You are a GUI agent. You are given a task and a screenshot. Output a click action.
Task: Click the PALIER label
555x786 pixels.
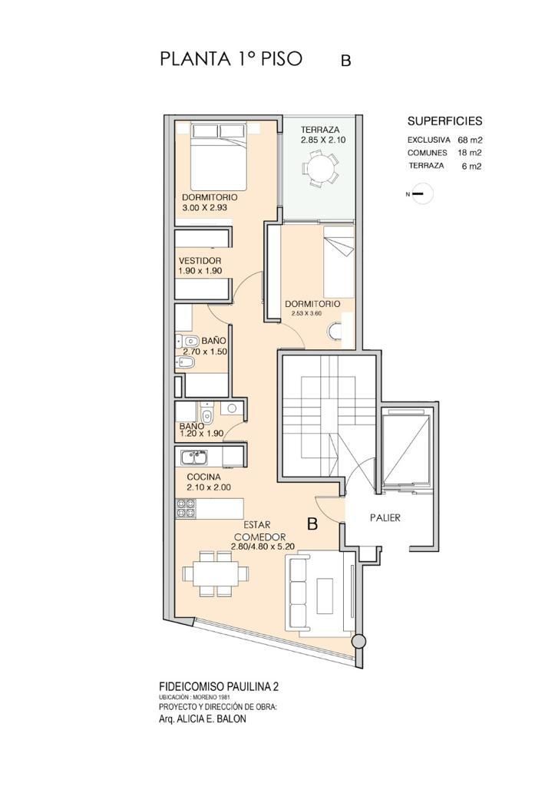pyautogui.click(x=385, y=518)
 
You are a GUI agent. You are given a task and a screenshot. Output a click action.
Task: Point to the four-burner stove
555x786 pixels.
pyautogui.click(x=186, y=508)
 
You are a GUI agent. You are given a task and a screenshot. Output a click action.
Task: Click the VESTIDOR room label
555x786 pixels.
pyautogui.click(x=200, y=261)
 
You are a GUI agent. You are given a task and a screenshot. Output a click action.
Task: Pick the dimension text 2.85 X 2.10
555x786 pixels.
pyautogui.click(x=323, y=140)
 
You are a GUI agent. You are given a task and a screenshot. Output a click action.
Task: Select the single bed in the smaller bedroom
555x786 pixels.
pyautogui.click(x=339, y=262)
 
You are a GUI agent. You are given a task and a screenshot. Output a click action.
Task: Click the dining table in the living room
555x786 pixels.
pyautogui.click(x=216, y=573)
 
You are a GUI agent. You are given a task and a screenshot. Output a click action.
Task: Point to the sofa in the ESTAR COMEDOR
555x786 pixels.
pyautogui.click(x=317, y=594)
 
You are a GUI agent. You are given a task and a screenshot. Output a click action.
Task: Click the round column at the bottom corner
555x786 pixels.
pyautogui.click(x=358, y=642)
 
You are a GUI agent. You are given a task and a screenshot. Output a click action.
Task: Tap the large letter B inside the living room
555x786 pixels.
pyautogui.click(x=312, y=524)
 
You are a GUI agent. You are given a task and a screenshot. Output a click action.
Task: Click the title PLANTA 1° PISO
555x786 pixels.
pyautogui.click(x=231, y=58)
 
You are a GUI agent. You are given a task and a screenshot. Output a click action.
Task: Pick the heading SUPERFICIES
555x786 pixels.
pyautogui.click(x=444, y=121)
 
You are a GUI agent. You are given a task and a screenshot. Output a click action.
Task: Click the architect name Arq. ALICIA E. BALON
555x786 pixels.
pyautogui.click(x=202, y=718)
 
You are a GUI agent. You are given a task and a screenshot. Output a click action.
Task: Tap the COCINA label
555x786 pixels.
pyautogui.click(x=203, y=477)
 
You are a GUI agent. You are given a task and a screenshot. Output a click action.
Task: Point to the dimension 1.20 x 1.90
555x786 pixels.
pyautogui.click(x=202, y=434)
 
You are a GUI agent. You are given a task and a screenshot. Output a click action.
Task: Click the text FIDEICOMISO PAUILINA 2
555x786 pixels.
pyautogui.click(x=218, y=686)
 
